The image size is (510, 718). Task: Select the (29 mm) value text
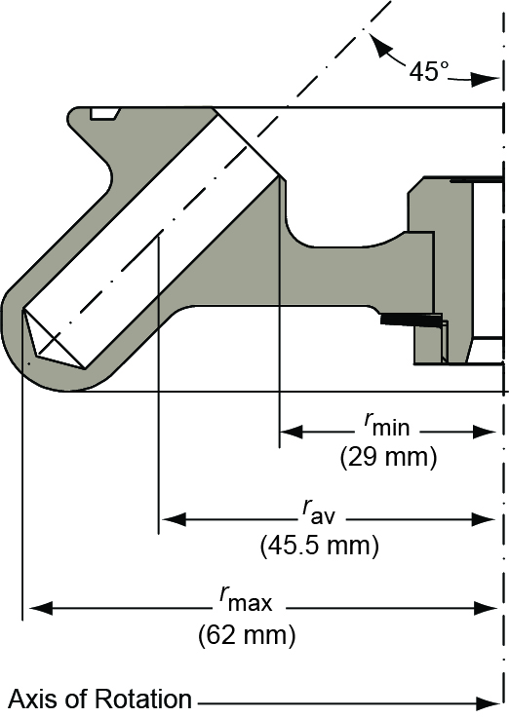tap(387, 456)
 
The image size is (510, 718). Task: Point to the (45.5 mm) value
tap(319, 546)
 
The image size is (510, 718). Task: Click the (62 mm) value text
tap(246, 635)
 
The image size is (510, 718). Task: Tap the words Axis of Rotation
tap(100, 699)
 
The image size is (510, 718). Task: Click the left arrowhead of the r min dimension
tap(291, 431)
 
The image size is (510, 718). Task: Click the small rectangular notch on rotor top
tap(103, 113)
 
